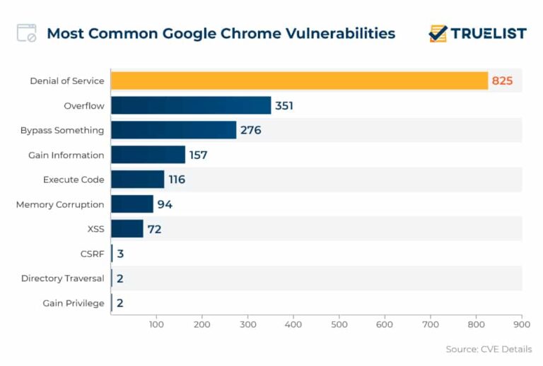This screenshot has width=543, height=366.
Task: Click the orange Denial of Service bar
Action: (299, 81)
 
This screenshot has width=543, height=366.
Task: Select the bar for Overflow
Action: (191, 105)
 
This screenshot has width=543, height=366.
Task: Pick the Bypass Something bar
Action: (173, 130)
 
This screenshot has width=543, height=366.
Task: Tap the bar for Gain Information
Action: (148, 155)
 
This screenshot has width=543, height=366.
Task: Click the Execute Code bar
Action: (137, 179)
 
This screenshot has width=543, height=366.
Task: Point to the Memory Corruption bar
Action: (132, 204)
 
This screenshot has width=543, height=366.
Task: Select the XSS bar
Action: (127, 229)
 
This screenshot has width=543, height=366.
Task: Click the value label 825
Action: (502, 81)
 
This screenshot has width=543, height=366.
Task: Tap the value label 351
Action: (284, 106)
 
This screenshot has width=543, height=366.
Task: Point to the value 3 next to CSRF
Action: (121, 254)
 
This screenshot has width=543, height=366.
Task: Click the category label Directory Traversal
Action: (62, 278)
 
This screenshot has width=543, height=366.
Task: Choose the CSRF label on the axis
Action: (92, 254)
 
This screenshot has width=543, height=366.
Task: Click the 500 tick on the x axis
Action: (339, 324)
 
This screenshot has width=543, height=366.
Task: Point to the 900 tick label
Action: (521, 324)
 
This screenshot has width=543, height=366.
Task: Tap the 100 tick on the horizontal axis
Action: (156, 324)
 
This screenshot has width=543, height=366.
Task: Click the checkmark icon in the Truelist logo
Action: (438, 33)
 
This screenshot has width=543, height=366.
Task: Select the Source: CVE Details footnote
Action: (489, 349)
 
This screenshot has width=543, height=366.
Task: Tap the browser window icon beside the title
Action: (27, 33)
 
